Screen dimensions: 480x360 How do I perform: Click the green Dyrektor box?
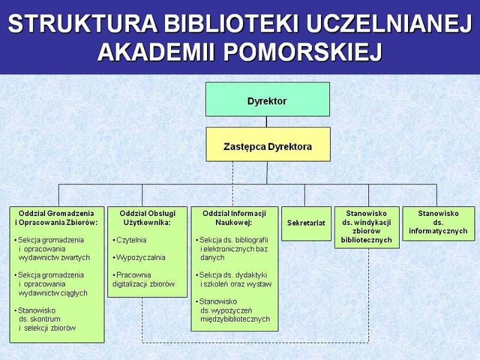click(268, 99)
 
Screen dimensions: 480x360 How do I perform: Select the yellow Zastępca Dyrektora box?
click(268, 144)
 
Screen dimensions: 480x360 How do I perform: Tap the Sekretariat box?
click(307, 224)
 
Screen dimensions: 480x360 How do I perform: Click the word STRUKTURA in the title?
click(82, 24)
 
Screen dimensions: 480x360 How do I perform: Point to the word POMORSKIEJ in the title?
click(303, 52)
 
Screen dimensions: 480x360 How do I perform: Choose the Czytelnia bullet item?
click(130, 240)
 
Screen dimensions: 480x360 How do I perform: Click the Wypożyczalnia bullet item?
click(139, 257)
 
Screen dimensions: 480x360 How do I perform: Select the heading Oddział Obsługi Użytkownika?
click(148, 218)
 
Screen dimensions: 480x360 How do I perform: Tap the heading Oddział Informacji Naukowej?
click(234, 218)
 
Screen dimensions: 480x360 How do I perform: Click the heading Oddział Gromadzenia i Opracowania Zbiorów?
click(56, 218)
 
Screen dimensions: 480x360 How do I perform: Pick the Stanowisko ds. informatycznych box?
click(439, 224)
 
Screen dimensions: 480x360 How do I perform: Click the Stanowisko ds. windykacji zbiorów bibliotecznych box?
click(367, 227)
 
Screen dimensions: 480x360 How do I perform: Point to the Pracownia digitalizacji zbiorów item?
click(143, 280)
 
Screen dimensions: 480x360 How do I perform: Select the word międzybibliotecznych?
click(235, 319)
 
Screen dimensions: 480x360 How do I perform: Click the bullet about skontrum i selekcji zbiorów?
click(45, 319)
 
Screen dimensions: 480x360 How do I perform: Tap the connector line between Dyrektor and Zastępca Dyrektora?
click(266, 122)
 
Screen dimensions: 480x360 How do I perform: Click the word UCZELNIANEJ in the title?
click(389, 24)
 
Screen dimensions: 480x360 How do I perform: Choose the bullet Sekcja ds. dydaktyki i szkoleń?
click(233, 280)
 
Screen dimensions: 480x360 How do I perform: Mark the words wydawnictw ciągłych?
click(53, 293)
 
